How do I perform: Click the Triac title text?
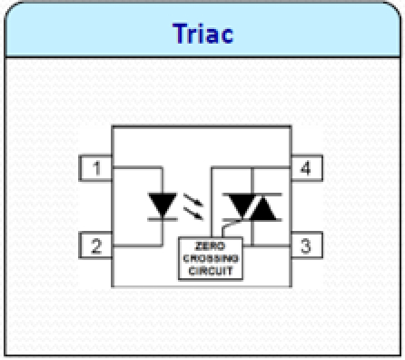coord(202,35)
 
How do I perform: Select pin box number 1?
coord(95,169)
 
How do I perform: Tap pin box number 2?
coord(95,245)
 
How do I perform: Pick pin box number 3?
coord(305,245)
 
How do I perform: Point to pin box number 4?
coord(305,169)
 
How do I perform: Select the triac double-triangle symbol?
coord(252,207)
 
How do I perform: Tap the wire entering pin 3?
coord(272,245)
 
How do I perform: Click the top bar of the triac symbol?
coord(252,194)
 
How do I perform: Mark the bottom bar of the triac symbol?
coord(252,221)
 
